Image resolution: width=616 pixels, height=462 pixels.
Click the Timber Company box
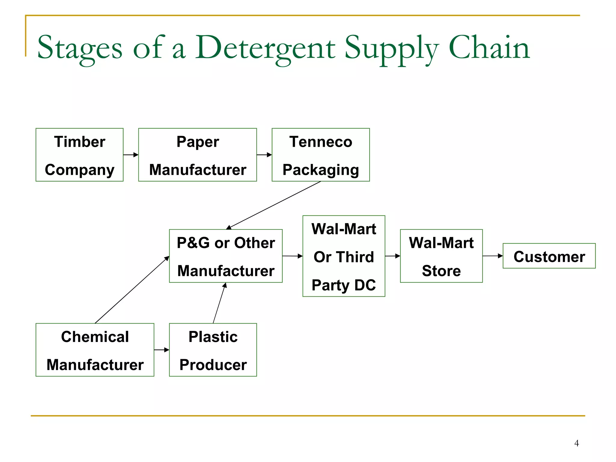(79, 155)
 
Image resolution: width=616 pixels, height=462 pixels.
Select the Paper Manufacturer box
(197, 155)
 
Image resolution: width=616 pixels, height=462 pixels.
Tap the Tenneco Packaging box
(321, 155)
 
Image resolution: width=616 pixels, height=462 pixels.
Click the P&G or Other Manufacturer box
(226, 256)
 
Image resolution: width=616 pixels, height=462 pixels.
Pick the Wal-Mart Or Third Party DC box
(344, 256)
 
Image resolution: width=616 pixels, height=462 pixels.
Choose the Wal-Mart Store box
(441, 256)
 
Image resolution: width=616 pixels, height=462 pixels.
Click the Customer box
(549, 256)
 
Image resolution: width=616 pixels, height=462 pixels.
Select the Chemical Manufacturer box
(95, 350)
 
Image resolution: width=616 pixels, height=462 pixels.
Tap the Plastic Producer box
(213, 350)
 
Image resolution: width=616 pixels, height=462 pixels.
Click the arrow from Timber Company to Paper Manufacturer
(131, 155)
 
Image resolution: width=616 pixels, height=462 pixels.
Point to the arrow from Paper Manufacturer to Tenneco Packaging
(264, 155)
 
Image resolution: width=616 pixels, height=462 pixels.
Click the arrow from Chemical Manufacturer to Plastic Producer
(162, 350)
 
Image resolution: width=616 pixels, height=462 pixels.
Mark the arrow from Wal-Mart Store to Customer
(493, 256)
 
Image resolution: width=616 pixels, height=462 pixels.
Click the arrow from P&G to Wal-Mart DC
(292, 256)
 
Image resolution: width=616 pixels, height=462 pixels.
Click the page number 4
(576, 443)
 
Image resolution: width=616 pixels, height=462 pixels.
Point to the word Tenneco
(321, 142)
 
